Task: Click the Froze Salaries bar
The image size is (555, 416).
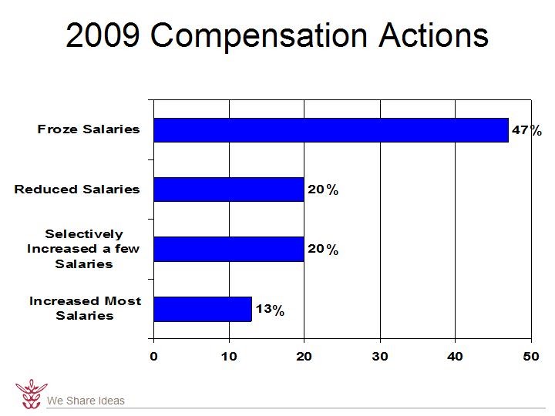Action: [x=331, y=130]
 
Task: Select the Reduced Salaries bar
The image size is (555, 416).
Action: [x=229, y=190]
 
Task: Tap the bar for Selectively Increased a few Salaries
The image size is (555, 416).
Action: [x=229, y=249]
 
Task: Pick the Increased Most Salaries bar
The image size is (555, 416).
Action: [x=203, y=309]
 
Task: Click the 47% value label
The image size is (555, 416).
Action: [x=527, y=131]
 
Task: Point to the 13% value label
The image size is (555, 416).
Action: [x=270, y=310]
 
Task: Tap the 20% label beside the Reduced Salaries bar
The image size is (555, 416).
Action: [x=323, y=190]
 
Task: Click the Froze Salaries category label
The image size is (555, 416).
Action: [x=89, y=129]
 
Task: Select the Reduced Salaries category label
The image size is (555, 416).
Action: [x=77, y=190]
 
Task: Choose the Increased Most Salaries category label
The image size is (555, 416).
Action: [x=85, y=308]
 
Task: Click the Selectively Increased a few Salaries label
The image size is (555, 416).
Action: [x=83, y=249]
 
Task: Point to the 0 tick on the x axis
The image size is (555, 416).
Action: [x=153, y=356]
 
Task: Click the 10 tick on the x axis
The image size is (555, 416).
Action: [x=229, y=356]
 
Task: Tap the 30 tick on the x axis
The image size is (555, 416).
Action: [x=379, y=356]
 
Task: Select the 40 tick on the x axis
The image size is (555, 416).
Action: [x=455, y=356]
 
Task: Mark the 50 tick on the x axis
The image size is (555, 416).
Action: [x=530, y=356]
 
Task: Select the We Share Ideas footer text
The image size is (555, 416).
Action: [x=86, y=401]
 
